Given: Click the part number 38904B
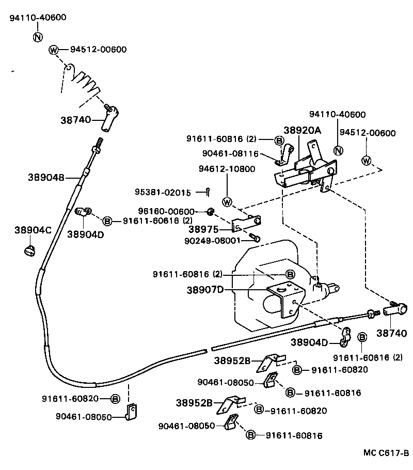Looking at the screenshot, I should (x=46, y=178).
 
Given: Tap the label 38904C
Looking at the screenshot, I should (x=33, y=230).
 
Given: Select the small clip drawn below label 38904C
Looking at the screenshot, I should (x=30, y=250).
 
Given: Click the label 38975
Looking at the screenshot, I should (x=203, y=229).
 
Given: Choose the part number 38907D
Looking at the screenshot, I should (x=205, y=290).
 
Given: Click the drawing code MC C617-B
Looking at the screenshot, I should (x=385, y=453).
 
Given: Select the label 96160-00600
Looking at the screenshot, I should (x=166, y=211).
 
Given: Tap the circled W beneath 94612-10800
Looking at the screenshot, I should (x=227, y=201).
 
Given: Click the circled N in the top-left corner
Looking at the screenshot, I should (x=38, y=37).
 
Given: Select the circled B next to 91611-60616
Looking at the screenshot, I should (x=107, y=221).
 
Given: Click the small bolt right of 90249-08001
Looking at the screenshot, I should (x=255, y=238).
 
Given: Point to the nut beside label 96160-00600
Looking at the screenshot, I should (x=210, y=211).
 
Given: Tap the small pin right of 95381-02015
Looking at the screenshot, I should (x=206, y=192).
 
